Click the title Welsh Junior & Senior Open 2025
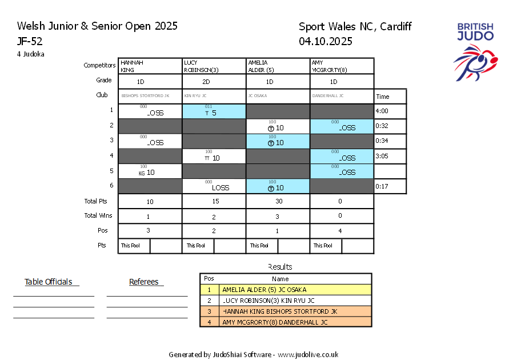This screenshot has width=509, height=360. [97, 26]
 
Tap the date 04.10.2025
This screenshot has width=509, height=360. [325, 41]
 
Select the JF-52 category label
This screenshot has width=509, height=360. [30, 41]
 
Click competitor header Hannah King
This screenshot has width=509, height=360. [150, 66]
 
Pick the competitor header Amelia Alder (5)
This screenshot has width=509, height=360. [278, 66]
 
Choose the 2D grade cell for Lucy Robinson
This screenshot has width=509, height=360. [214, 82]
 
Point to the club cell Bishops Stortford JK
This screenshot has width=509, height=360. [150, 96]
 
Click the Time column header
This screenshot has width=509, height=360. [390, 97]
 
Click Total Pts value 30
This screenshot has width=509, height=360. [278, 201]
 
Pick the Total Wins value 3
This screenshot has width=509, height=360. [278, 216]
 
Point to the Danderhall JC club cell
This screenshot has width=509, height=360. [342, 96]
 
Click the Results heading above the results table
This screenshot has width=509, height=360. [280, 267]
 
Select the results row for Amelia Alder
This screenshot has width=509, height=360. [286, 290]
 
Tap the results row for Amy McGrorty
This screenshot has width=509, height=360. [286, 322]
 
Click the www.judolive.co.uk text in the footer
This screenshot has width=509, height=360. [308, 354]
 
